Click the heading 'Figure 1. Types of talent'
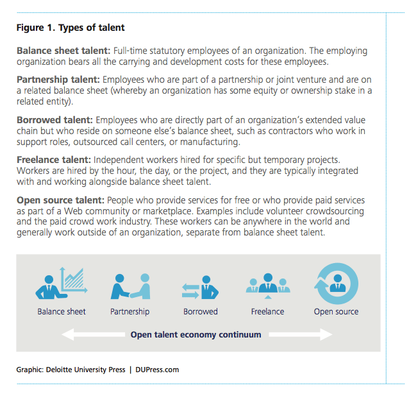click(71, 28)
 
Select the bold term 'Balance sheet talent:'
click(63, 51)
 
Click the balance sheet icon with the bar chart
click(62, 283)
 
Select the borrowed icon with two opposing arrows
click(200, 287)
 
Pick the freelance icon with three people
click(267, 284)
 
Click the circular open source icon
click(336, 283)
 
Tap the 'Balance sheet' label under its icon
click(62, 312)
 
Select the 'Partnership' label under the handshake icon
click(129, 312)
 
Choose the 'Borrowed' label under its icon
click(201, 312)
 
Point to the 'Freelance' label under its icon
click(267, 312)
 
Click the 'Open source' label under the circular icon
click(336, 312)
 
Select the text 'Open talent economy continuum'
click(196, 334)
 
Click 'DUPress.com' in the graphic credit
click(157, 370)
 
